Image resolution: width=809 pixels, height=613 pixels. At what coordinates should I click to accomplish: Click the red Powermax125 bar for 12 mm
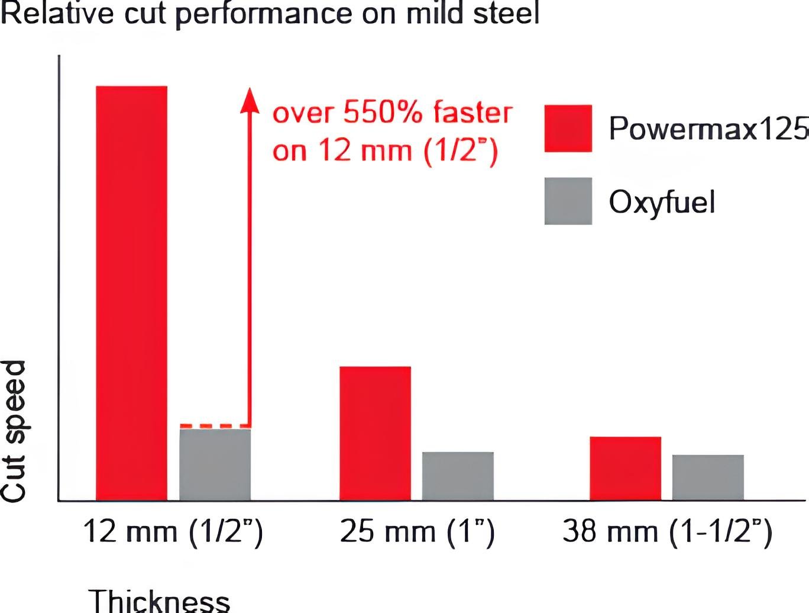[131, 293]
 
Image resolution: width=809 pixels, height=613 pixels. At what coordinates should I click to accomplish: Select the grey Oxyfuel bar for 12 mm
[215, 464]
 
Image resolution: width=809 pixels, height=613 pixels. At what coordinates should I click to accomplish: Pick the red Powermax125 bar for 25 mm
[375, 433]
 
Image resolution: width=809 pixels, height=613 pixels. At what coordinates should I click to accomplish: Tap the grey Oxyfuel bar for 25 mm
[458, 476]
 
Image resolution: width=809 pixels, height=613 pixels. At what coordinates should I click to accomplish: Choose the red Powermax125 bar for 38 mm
[625, 468]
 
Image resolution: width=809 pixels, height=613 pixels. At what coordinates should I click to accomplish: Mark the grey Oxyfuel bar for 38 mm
[708, 477]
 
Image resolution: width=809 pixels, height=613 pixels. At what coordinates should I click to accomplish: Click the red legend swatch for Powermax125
[568, 128]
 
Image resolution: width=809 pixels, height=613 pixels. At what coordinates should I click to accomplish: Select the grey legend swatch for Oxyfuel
[568, 201]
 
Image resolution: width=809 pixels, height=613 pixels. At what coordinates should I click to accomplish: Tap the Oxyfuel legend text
[662, 202]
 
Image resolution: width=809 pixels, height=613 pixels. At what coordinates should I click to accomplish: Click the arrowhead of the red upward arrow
[250, 99]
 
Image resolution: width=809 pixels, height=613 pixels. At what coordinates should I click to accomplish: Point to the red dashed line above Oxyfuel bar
[213, 425]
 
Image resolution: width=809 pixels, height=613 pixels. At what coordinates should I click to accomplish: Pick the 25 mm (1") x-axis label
[417, 531]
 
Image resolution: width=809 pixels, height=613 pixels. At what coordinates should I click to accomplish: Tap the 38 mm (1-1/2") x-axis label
[667, 531]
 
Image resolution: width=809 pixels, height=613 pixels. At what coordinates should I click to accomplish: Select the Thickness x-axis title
[159, 601]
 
